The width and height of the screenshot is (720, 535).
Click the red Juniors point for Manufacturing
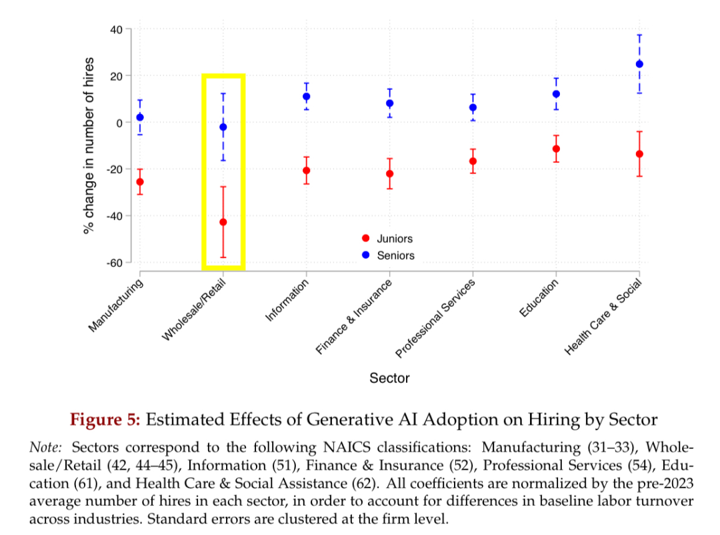[140, 181]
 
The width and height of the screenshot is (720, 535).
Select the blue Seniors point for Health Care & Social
[639, 64]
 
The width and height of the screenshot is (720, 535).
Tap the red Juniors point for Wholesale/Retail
[223, 222]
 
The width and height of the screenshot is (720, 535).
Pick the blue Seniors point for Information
[307, 97]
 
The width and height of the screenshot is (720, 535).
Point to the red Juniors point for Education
[556, 149]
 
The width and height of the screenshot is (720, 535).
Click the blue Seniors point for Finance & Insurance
[389, 103]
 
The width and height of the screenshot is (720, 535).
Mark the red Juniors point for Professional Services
[473, 161]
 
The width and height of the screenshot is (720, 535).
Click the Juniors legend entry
[394, 239]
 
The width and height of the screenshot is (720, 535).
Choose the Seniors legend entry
[395, 255]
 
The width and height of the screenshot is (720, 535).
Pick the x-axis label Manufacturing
[116, 306]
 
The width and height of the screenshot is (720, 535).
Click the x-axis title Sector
[389, 378]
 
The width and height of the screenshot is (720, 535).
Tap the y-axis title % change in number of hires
[89, 145]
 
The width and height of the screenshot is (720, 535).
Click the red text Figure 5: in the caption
[105, 420]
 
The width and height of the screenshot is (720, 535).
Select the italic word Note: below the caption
[47, 447]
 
